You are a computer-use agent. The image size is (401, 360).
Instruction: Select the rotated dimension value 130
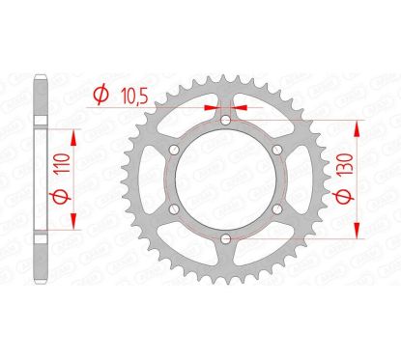373,179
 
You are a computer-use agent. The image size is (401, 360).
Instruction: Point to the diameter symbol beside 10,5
100,94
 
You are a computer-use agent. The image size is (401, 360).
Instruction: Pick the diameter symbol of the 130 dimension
373,216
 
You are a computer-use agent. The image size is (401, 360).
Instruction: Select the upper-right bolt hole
274,151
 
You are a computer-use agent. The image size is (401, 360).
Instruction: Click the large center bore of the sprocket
224,180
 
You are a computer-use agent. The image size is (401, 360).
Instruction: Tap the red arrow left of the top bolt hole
212,108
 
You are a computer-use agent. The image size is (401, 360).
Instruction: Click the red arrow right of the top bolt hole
238,108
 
